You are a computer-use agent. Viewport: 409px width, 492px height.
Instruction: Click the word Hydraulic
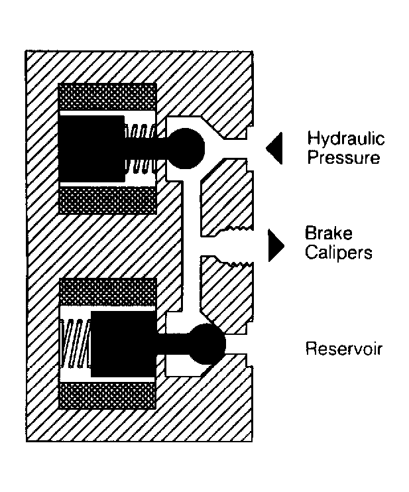click(x=345, y=139)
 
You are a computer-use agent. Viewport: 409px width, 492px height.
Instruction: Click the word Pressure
click(x=343, y=157)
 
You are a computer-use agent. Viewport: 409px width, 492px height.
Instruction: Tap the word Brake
click(x=329, y=233)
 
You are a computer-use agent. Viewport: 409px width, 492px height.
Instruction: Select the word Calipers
click(x=339, y=252)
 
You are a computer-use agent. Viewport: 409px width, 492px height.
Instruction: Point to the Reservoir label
click(x=344, y=349)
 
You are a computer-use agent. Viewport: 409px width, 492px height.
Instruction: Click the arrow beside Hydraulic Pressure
click(x=274, y=148)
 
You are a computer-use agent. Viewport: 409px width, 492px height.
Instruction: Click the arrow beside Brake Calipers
click(x=276, y=246)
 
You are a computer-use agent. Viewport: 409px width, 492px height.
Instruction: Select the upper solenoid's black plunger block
click(x=92, y=149)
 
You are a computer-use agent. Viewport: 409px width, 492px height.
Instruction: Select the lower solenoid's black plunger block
click(x=123, y=344)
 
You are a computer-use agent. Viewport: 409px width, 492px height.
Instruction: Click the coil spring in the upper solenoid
click(x=140, y=149)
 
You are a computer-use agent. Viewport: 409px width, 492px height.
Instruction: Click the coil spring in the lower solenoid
click(x=76, y=343)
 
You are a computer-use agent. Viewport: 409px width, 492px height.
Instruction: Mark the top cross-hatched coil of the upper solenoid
click(x=107, y=97)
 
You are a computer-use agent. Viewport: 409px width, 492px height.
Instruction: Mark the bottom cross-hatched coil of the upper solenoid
click(x=107, y=200)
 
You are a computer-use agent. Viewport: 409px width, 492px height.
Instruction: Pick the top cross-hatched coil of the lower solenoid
click(x=107, y=292)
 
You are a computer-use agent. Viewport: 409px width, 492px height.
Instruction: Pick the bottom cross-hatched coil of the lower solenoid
click(x=107, y=395)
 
